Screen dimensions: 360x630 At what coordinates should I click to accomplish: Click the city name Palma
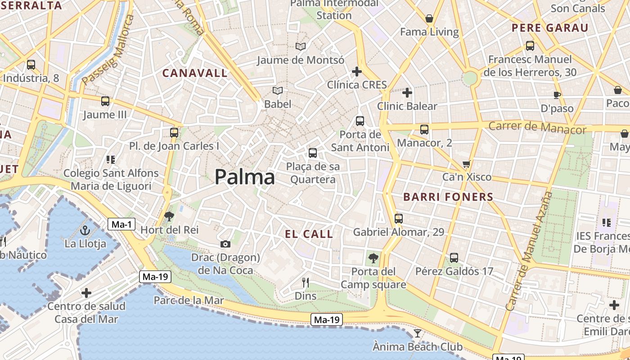(244, 177)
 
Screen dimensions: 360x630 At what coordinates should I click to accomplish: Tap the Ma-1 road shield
(121, 224)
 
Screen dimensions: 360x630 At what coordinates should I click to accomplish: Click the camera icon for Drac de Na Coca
(225, 244)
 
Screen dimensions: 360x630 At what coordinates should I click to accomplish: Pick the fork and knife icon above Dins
(306, 283)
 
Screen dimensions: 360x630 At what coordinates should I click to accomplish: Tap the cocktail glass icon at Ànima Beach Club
(418, 333)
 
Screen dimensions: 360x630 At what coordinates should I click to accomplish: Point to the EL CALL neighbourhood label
(309, 234)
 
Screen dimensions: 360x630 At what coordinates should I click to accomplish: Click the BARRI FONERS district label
(448, 197)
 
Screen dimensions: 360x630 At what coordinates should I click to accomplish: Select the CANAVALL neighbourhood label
(195, 73)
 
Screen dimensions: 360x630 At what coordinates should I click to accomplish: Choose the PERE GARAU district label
(550, 28)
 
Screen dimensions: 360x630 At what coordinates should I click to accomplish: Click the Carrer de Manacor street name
(537, 127)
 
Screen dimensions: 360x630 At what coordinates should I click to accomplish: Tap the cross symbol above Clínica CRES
(357, 71)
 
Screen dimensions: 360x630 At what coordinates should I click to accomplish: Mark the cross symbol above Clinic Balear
(407, 93)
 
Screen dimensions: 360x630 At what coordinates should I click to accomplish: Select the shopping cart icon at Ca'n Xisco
(467, 164)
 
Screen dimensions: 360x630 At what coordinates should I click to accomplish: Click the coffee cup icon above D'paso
(557, 95)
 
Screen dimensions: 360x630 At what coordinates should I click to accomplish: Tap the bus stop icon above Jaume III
(105, 101)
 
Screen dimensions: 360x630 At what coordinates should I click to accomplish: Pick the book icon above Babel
(278, 91)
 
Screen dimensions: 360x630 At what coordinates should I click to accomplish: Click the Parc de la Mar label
(189, 300)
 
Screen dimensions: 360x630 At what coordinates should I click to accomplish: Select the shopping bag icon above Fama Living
(429, 19)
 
